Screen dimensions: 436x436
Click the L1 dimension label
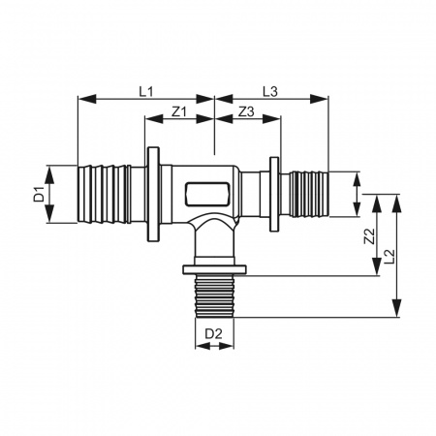coord(146,92)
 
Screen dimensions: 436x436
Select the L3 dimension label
coord(270,92)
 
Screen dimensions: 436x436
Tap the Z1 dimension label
coord(179,112)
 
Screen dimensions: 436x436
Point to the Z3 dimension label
coord(246,112)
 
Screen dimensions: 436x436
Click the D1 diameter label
coord(40,194)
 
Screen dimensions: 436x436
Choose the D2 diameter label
coord(214,333)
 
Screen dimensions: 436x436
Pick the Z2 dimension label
coord(369,236)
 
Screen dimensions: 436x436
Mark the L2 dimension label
coord(389,257)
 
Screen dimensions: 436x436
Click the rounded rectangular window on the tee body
coord(207,194)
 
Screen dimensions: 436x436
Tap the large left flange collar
coord(153,194)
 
